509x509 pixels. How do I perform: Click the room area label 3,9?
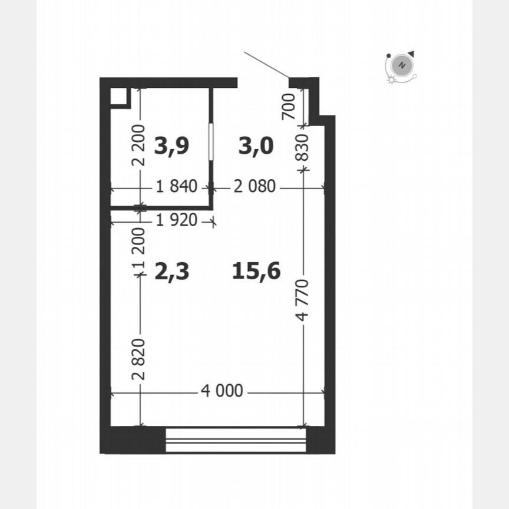coord(171,145)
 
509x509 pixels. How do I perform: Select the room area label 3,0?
coord(256,145)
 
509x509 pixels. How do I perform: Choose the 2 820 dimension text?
coord(140,359)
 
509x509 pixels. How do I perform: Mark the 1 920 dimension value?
coord(176,221)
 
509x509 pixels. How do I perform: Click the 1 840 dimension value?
coord(176,187)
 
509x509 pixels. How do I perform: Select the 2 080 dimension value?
coord(254,187)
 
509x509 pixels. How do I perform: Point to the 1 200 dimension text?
coord(139,253)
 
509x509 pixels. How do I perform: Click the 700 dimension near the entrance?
coord(289,107)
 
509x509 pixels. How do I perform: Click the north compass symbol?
coord(401,65)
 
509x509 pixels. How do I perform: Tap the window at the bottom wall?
coord(236,440)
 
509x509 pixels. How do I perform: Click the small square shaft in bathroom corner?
coord(120,97)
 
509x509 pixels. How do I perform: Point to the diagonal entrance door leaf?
coord(266,65)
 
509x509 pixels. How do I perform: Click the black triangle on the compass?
coord(411,54)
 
